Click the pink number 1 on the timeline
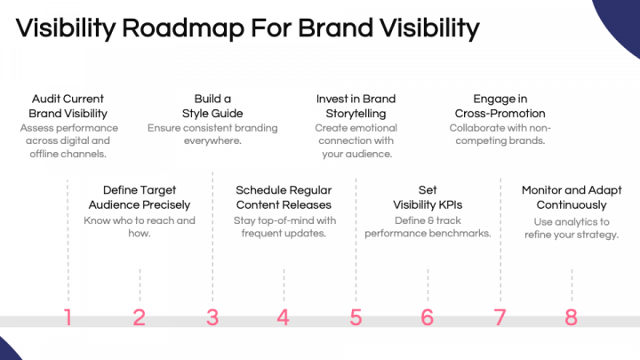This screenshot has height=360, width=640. (x=68, y=317)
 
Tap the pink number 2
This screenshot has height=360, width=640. (x=140, y=317)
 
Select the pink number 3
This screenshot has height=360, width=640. (x=212, y=317)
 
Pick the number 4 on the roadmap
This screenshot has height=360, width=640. (x=284, y=317)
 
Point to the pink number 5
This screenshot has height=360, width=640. (x=356, y=317)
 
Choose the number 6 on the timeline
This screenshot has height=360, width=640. (x=428, y=317)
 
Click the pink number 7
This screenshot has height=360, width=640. (x=500, y=317)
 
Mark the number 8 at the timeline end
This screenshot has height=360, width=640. (x=571, y=317)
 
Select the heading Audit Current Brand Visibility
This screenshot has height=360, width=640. (x=68, y=106)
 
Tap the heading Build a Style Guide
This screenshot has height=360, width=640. (x=212, y=106)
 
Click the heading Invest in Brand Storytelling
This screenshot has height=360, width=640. (x=356, y=106)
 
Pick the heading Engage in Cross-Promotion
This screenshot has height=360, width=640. (x=500, y=106)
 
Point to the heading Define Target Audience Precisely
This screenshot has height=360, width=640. (x=140, y=197)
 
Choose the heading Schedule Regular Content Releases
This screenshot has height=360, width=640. (x=284, y=197)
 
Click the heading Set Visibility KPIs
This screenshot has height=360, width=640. (x=428, y=197)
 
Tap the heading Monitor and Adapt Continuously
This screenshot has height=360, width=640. (x=571, y=197)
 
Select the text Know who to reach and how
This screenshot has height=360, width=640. (x=140, y=227)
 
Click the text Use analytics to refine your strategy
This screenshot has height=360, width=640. (x=571, y=228)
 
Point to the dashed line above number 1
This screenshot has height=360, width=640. (x=68, y=240)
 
